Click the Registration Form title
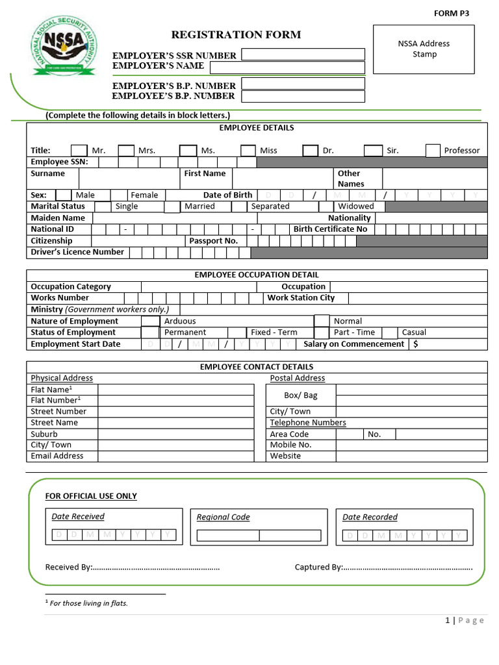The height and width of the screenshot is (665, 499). (236, 34)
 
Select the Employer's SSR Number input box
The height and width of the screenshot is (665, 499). (303, 55)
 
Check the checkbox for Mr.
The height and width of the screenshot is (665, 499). (79, 151)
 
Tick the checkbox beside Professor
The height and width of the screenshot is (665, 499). (433, 151)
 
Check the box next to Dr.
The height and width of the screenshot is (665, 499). (310, 151)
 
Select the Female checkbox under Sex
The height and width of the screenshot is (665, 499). (119, 195)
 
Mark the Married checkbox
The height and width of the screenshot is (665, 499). (172, 207)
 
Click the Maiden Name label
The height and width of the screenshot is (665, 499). (58, 218)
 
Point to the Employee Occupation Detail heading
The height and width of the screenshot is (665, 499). (257, 275)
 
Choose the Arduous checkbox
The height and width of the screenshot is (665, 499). (150, 321)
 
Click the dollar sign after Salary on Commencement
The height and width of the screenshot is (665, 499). (415, 344)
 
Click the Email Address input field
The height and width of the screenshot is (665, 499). (175, 456)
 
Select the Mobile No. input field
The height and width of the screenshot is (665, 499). (411, 445)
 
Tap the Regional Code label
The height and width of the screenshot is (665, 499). (223, 517)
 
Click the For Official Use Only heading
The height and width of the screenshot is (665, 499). (91, 496)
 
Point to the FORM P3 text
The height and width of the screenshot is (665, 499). (451, 13)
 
